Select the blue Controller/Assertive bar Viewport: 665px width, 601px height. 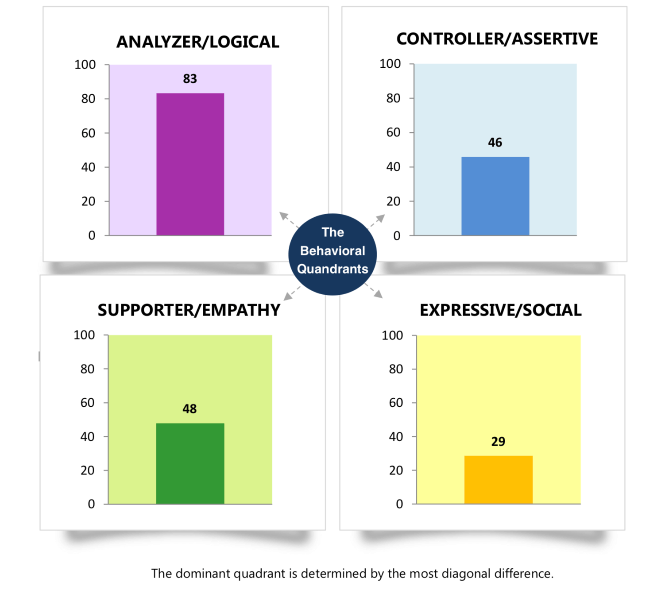[495, 196]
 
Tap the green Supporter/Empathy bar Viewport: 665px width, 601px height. [190, 463]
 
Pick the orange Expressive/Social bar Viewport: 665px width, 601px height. [498, 480]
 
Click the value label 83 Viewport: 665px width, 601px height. [190, 79]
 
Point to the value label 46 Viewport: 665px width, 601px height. [495, 143]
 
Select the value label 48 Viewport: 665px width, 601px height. [189, 409]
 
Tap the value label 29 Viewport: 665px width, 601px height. [498, 442]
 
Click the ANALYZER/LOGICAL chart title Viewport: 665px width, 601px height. [197, 42]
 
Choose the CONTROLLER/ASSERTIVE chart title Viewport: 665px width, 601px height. [497, 39]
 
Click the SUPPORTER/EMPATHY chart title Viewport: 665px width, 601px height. [189, 310]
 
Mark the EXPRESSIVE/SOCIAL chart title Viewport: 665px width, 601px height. [500, 310]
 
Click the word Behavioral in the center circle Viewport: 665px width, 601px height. [332, 251]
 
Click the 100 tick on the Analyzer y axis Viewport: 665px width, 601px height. [85, 65]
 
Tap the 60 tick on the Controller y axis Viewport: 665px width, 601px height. [393, 132]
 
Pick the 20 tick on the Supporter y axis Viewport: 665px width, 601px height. [87, 470]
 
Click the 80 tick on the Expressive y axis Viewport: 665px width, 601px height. [396, 369]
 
